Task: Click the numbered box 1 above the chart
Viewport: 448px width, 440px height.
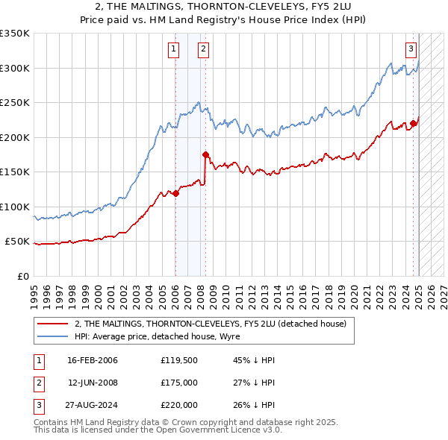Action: [x=173, y=50]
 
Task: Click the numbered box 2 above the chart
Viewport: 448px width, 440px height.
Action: [x=203, y=50]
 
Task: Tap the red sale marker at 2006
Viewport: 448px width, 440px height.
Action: [x=175, y=194]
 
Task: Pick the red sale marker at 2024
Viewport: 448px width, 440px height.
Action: [x=413, y=124]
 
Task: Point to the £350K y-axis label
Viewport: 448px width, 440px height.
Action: [x=15, y=34]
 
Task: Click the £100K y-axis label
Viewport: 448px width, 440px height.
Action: [x=15, y=207]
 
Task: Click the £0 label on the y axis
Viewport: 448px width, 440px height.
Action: [x=22, y=276]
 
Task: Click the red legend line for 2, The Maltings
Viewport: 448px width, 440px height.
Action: [x=52, y=324]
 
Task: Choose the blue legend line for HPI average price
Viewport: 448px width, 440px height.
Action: [x=52, y=336]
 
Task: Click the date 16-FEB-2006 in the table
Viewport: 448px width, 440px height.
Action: [x=93, y=360]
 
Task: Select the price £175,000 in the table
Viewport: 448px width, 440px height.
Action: [x=179, y=382]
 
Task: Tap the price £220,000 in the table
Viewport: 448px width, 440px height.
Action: [x=179, y=404]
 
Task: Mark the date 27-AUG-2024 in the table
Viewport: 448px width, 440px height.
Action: [x=93, y=404]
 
